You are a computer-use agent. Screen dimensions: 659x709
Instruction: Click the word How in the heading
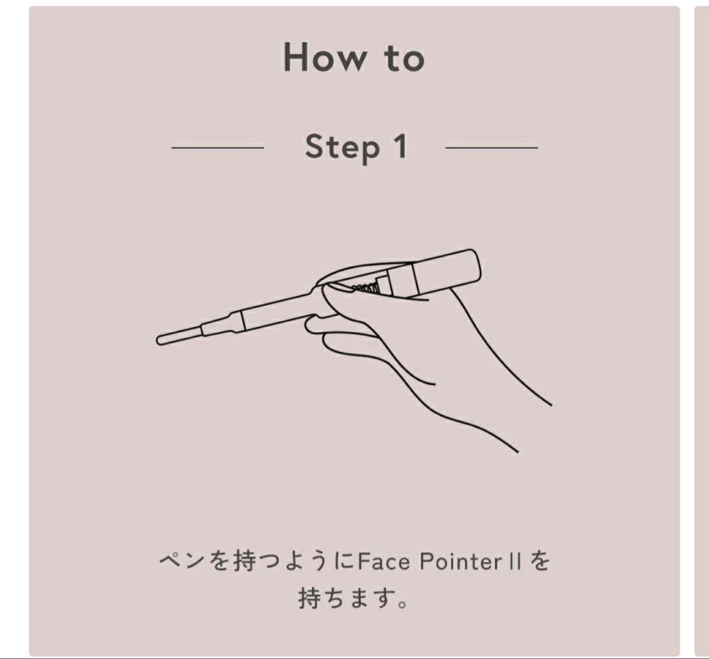point(325,57)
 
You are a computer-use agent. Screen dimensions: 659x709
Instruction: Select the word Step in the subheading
point(343,148)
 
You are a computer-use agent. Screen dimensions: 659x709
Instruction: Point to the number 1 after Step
point(400,147)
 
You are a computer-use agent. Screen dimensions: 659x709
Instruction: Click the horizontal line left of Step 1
point(217,148)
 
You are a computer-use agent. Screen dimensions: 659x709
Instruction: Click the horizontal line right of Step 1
point(491,148)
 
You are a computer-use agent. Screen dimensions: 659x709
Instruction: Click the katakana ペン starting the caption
point(181,563)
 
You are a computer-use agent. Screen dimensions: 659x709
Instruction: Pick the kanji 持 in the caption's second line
point(311,599)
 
